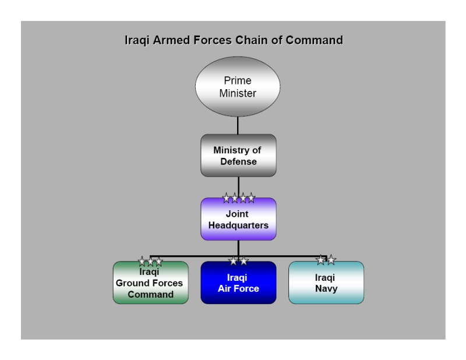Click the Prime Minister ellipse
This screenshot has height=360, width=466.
[x=238, y=87]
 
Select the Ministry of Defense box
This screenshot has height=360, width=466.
[x=238, y=156]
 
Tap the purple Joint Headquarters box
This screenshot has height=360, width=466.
[x=238, y=219]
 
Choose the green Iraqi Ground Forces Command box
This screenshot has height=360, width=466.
[x=151, y=283]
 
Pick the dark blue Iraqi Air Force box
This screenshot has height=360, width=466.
[x=238, y=283]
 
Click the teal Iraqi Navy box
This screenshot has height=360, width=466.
[x=326, y=283]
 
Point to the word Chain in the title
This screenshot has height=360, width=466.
[x=250, y=40]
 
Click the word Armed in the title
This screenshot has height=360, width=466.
[x=171, y=40]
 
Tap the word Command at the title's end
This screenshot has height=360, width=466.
[x=314, y=40]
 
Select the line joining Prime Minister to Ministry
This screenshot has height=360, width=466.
[x=238, y=125]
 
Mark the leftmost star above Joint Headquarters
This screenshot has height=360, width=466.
[x=227, y=197]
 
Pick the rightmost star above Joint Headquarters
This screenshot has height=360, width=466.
[x=251, y=197]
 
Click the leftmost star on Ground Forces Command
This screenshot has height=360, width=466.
[x=142, y=262]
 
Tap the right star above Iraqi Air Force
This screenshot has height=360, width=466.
[x=244, y=261]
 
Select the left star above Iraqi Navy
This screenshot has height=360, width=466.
[x=321, y=260]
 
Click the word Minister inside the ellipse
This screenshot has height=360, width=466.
[x=238, y=93]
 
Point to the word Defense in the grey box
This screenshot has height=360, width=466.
[x=238, y=161]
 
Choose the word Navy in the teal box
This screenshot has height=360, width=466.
[x=326, y=289]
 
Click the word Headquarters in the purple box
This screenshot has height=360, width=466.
[x=238, y=225]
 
